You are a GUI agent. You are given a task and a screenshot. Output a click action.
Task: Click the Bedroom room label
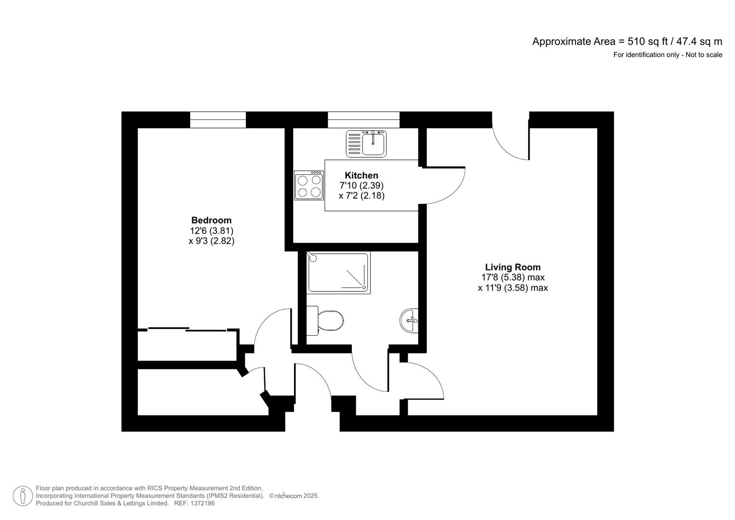coord(211,221)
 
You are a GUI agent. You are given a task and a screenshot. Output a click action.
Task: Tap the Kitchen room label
coord(361,175)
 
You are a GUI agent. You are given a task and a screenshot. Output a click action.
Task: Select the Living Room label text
coord(513,267)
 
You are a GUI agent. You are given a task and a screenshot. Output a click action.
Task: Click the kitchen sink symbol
coord(366,143)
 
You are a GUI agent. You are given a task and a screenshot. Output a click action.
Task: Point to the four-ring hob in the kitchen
coord(309,186)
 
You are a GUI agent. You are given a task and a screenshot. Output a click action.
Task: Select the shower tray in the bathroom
coord(338,273)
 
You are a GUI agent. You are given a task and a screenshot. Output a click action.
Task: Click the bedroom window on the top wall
coord(218,120)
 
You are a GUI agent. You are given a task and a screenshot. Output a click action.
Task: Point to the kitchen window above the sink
coord(363,120)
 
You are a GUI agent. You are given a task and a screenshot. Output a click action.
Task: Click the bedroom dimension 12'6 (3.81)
coord(211,231)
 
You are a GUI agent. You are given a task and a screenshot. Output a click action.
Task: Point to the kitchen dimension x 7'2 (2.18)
coord(361,196)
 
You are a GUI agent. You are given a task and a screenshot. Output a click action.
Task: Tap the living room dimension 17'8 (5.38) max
coord(513,277)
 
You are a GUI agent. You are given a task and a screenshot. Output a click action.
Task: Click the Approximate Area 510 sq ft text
coord(627,41)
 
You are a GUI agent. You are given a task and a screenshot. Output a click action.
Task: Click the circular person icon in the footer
coord(23,496)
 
